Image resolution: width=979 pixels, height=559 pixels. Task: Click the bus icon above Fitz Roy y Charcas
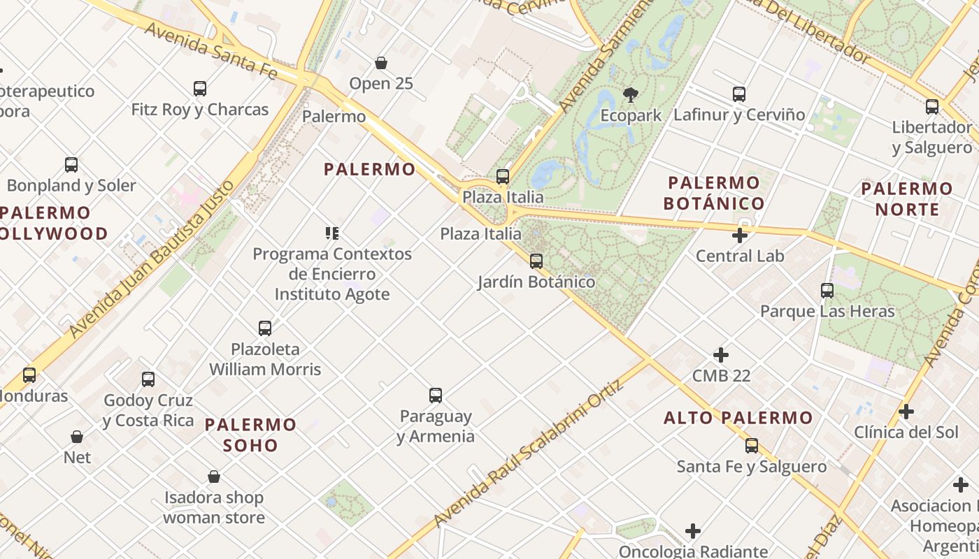[200, 89]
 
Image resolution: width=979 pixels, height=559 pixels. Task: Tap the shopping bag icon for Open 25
[381, 63]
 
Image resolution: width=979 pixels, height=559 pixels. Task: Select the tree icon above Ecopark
[630, 94]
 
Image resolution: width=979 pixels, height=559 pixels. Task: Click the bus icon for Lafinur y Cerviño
[739, 94]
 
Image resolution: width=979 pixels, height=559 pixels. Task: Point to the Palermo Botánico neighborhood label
[713, 193]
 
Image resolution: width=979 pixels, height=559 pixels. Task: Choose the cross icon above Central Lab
[740, 235]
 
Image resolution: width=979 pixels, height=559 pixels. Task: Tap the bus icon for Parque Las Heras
[827, 290]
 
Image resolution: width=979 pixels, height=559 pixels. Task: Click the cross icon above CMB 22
[721, 355]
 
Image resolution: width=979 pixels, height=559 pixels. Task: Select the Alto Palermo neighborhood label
[738, 418]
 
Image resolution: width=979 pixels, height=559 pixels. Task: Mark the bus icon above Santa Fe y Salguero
[752, 446]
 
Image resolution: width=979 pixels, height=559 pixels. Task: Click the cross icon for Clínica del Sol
[906, 412]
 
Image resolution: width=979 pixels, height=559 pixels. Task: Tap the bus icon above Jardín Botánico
[536, 261]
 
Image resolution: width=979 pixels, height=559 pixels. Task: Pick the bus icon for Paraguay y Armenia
[436, 395]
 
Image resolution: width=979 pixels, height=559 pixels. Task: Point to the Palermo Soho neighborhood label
[250, 435]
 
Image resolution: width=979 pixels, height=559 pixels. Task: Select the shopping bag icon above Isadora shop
[214, 477]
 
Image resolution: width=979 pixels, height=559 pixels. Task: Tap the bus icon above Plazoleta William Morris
[265, 328]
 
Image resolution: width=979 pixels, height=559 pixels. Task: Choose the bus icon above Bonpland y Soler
[71, 165]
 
